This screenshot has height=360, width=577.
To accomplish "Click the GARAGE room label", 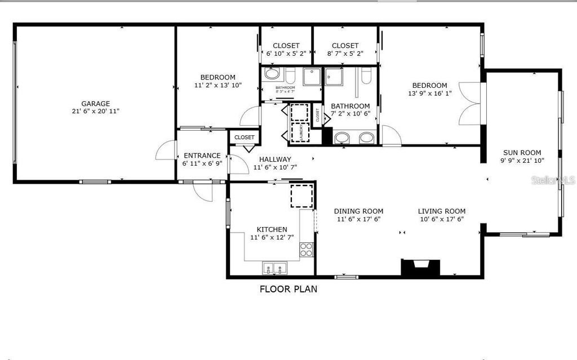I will point(95,104).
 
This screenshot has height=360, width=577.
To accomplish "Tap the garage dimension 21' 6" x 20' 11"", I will point(95,112).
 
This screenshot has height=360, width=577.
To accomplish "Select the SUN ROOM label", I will point(522,152).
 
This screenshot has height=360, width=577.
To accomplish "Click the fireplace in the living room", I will point(420,268).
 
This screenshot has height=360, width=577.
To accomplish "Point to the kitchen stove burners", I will point(306,250).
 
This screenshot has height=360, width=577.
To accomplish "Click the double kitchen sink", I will point(274,268).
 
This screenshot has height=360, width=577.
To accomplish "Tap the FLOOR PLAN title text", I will point(288,290).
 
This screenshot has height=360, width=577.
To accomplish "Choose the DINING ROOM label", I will point(358,211).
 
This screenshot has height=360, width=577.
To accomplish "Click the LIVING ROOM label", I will point(441,211).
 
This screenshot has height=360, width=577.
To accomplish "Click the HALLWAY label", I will point(276,159).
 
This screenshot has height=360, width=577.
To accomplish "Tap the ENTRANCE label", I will point(202,155).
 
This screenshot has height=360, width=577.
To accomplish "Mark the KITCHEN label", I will point(272,229).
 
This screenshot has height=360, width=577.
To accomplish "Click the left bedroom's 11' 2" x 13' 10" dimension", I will point(218,86).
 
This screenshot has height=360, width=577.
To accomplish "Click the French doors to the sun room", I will point(470,104).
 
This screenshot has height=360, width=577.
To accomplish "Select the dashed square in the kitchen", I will point(302,196).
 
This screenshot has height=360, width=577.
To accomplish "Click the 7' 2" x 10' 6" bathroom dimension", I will point(350,114).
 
